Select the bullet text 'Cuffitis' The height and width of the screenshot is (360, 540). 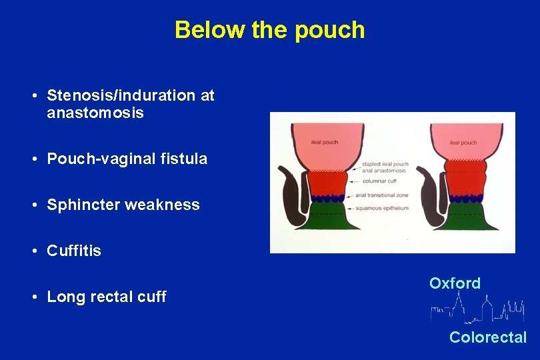(74, 251)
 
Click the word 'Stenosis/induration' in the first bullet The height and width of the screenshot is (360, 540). (121, 95)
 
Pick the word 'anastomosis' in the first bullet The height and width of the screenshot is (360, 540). (95, 113)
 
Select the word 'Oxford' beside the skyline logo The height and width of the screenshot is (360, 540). (455, 283)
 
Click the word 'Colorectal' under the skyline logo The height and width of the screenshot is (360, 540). (488, 337)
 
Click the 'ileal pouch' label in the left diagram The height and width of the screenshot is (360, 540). (325, 142)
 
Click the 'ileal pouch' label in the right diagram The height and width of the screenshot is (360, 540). (463, 142)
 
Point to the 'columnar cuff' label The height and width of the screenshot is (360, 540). (380, 181)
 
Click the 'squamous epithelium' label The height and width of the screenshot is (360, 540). (382, 208)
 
